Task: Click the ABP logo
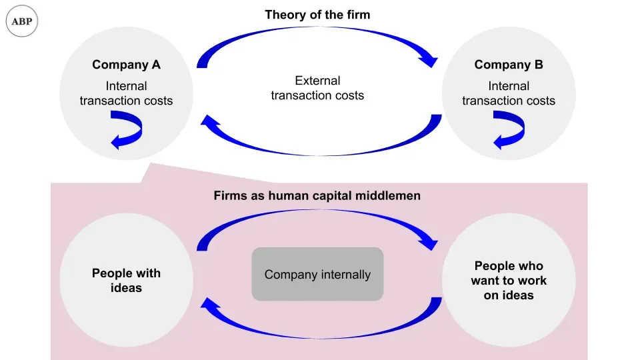click(22, 22)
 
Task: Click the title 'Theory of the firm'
click(317, 15)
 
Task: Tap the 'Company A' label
click(126, 65)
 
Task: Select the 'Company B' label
click(509, 65)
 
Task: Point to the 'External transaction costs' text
click(317, 88)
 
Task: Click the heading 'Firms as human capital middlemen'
click(317, 196)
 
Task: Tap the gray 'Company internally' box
click(317, 274)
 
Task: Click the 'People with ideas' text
click(126, 281)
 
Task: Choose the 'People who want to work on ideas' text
click(509, 281)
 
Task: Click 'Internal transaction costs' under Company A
click(126, 93)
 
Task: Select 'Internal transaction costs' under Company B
click(509, 93)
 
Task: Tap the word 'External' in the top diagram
click(317, 81)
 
